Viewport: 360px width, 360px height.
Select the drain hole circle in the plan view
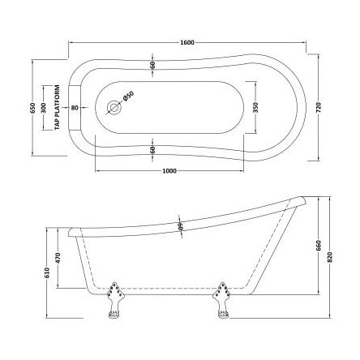coord(112,105)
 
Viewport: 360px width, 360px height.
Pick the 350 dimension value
coord(256,107)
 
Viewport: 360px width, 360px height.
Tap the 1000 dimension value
coord(169,171)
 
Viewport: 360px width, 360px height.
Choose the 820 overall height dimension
coord(329,259)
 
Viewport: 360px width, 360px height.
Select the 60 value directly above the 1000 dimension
coord(152,149)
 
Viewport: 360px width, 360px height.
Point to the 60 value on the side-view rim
coord(179,227)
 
